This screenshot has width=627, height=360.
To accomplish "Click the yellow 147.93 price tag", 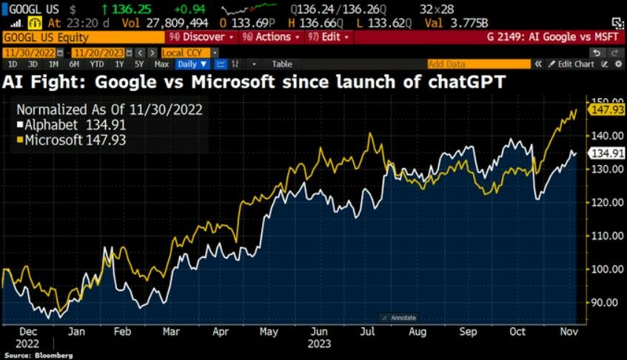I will pyautogui.click(x=605, y=110).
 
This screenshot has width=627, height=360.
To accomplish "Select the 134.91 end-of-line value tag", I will pyautogui.click(x=605, y=153).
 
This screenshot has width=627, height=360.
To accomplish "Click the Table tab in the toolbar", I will pyautogui.click(x=281, y=64).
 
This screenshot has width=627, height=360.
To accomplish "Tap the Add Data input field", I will pyautogui.click(x=474, y=64).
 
